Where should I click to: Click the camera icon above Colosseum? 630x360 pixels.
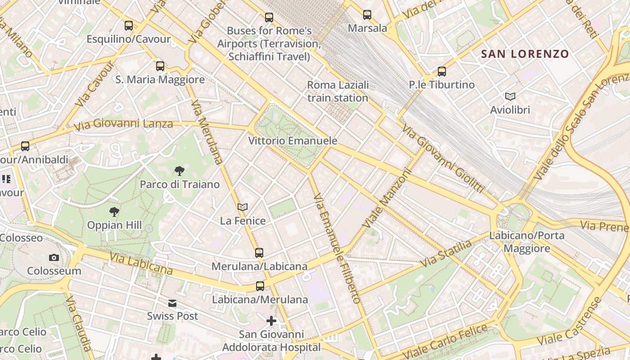click(x=54, y=257)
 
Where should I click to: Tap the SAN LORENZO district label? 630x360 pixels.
click(x=525, y=54)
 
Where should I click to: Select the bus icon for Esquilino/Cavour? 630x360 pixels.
click(x=129, y=26)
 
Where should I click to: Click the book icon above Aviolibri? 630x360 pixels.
click(x=510, y=96)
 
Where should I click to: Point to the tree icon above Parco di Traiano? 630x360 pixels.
click(x=179, y=171)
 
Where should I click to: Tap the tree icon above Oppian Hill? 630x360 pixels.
click(x=114, y=211)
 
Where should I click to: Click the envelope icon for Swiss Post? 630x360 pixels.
click(x=172, y=303)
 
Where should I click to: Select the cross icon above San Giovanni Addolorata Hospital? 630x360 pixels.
click(x=271, y=321)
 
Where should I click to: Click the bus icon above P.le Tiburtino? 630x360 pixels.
click(x=441, y=71)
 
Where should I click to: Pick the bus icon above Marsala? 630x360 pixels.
click(x=367, y=15)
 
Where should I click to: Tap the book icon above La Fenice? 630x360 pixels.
click(x=243, y=207)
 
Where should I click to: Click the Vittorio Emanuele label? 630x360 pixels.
click(x=292, y=141)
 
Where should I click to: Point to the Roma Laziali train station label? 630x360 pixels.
click(x=337, y=91)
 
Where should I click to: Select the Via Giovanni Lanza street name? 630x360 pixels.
click(x=124, y=125)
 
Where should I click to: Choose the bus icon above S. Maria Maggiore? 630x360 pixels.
click(x=160, y=66)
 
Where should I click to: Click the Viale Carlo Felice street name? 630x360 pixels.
click(x=445, y=341)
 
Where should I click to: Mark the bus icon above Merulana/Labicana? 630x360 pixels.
click(x=259, y=252)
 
